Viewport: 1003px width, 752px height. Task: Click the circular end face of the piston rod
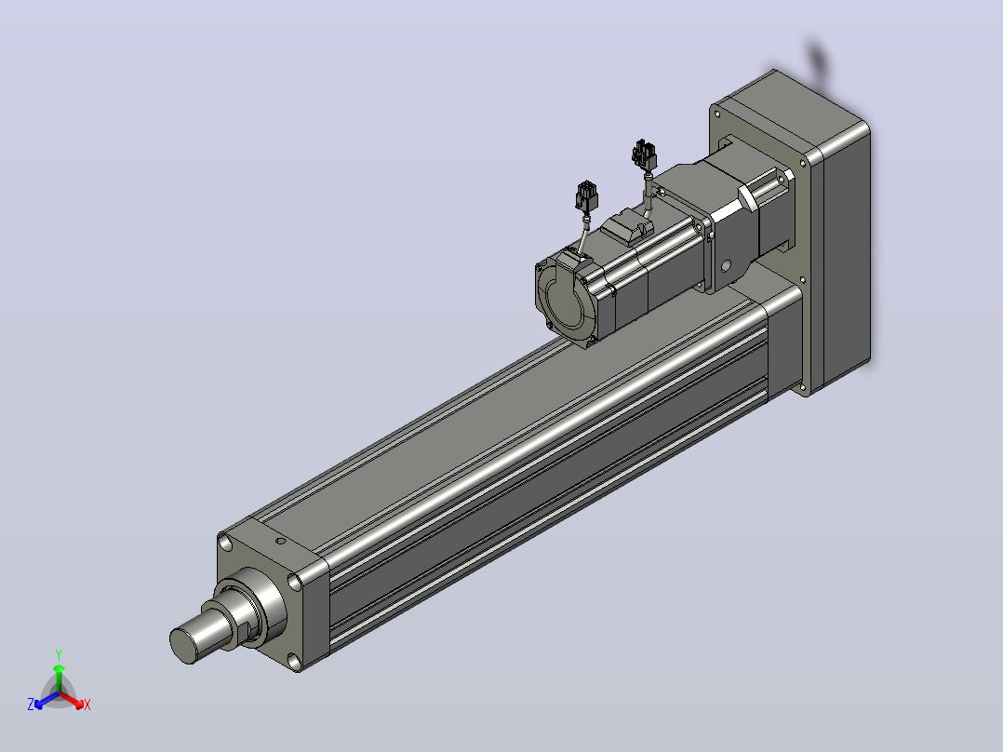coord(183,645)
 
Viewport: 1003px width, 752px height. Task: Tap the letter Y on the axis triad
coord(59,654)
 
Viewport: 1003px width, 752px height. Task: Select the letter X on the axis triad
coord(87,705)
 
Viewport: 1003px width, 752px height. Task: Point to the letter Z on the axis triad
coord(31,705)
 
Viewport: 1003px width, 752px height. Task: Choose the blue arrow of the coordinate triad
coord(47,700)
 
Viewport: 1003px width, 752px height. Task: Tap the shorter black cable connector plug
coord(586,195)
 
